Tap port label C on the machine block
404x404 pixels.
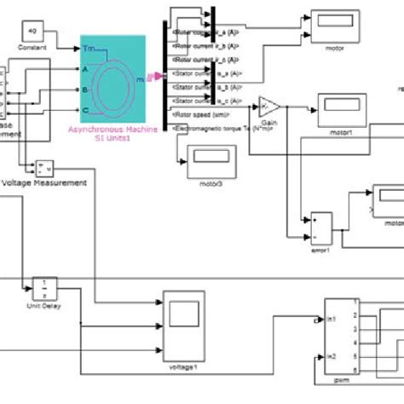point(85,110)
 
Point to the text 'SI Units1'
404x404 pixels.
point(112,139)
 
